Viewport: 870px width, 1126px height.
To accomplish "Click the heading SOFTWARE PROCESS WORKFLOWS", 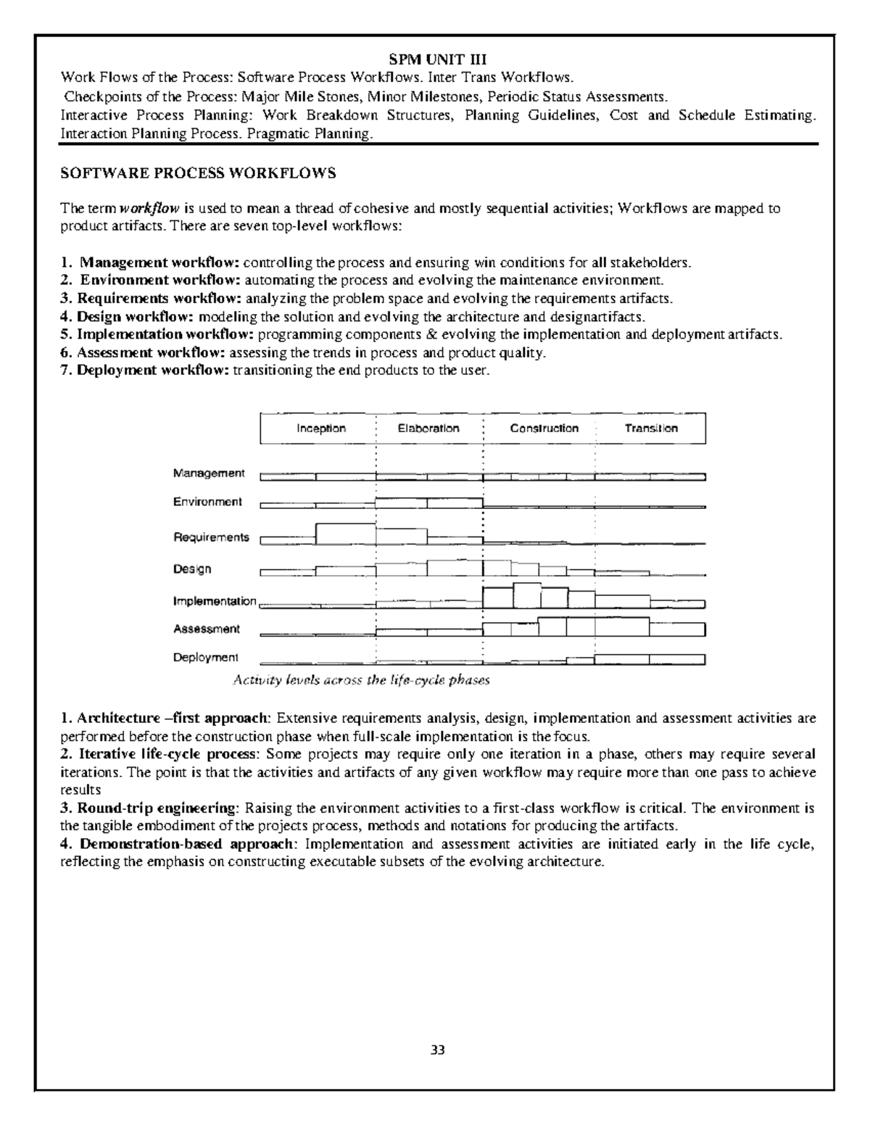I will tap(199, 173).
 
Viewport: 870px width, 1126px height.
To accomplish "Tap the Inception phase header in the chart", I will tap(320, 429).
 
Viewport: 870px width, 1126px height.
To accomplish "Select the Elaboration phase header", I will tap(428, 429).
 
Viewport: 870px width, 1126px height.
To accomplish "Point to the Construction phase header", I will tap(544, 429).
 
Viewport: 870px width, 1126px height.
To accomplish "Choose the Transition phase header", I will tap(651, 429).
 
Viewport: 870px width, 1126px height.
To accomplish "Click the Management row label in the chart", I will tap(209, 473).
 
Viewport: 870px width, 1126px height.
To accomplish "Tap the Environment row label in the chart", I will tap(207, 502).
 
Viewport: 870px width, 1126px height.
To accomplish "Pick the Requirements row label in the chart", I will tap(211, 537).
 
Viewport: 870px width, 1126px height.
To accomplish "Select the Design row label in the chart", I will tap(192, 569).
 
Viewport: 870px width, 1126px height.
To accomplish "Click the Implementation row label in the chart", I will tap(215, 601).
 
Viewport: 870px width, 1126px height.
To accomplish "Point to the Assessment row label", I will tap(207, 629).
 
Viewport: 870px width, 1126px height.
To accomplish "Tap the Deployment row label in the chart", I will tap(205, 658).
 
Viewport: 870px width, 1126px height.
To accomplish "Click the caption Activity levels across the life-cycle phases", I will tap(361, 680).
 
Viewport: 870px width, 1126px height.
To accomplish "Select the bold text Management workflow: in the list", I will tap(159, 262).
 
